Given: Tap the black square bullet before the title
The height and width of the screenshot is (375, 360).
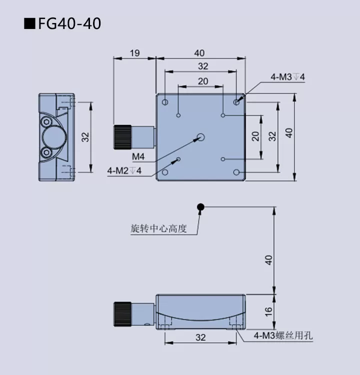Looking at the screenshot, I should point(30,23).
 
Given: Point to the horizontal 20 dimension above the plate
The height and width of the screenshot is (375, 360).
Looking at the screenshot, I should point(202,81).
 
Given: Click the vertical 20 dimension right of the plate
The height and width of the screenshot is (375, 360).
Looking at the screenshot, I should point(255,136).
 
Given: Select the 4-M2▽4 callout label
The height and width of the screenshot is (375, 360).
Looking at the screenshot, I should point(124,170).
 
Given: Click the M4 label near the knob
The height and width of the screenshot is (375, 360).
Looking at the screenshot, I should point(138,157).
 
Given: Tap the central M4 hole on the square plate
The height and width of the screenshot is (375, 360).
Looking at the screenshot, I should point(201,137).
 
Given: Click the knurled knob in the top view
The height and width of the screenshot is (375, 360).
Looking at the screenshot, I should point(123,137).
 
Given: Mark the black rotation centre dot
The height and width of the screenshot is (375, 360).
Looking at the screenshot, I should point(200,206).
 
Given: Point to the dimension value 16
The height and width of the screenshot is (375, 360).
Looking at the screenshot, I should point(268,310).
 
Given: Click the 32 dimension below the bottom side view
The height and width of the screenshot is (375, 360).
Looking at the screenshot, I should point(200,337).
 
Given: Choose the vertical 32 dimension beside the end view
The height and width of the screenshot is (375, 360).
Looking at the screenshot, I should point(85,136).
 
